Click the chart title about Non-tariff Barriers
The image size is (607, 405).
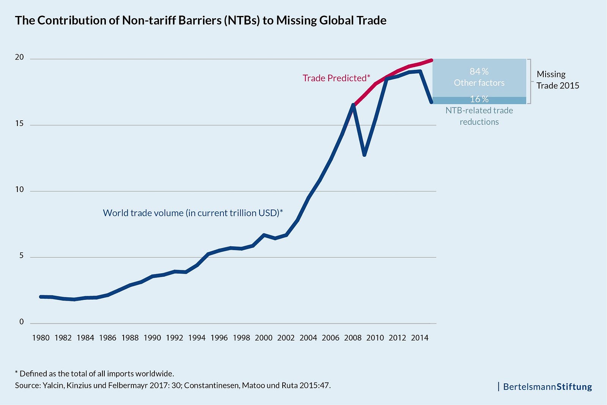pyautogui.click(x=200, y=20)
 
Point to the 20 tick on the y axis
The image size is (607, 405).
pyautogui.click(x=19, y=57)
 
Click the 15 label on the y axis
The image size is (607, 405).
pyautogui.click(x=19, y=123)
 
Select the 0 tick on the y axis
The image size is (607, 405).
pyautogui.click(x=21, y=322)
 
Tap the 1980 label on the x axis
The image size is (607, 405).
pyautogui.click(x=41, y=338)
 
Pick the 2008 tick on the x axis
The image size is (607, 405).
pyautogui.click(x=353, y=338)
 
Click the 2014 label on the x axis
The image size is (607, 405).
pyautogui.click(x=420, y=338)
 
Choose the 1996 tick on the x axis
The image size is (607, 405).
pyautogui.click(x=219, y=338)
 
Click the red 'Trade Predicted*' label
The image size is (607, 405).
pyautogui.click(x=336, y=78)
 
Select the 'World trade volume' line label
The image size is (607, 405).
pyautogui.click(x=193, y=213)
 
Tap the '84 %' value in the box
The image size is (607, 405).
pyautogui.click(x=479, y=71)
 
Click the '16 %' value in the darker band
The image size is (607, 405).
pyautogui.click(x=479, y=99)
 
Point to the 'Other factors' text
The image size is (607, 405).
pyautogui.click(x=479, y=83)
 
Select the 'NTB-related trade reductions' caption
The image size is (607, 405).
pyautogui.click(x=479, y=116)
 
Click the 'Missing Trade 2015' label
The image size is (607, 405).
pyautogui.click(x=557, y=80)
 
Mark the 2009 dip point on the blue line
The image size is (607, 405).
pyautogui.click(x=364, y=154)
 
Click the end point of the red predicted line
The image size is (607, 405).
pyautogui.click(x=431, y=60)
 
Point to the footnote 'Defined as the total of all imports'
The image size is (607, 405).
pyautogui.click(x=94, y=373)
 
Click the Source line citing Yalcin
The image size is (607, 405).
pyautogui.click(x=173, y=385)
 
